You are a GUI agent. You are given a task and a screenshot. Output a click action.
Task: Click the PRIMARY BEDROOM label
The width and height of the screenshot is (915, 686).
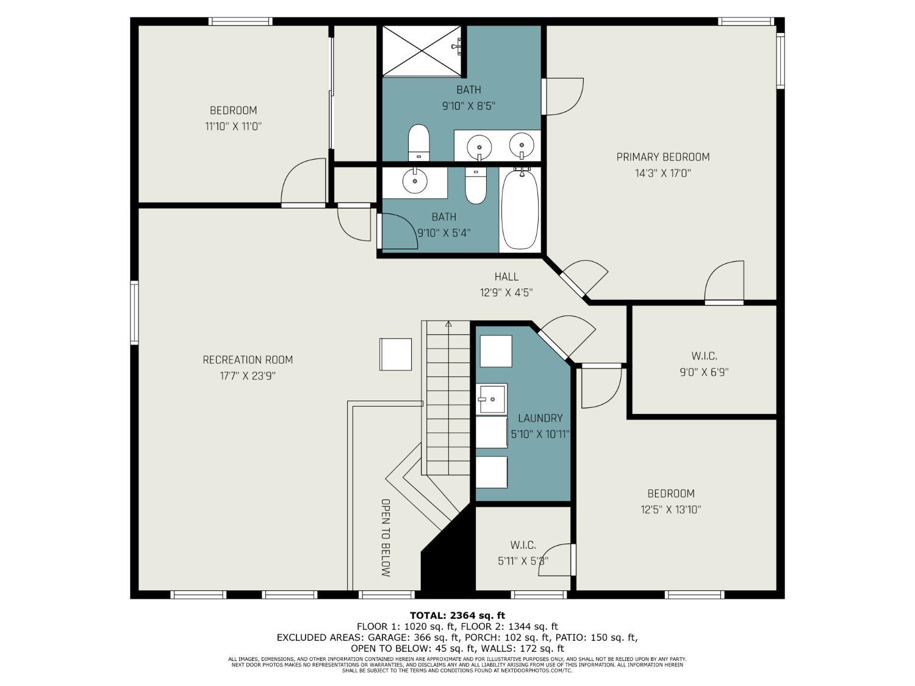click(x=663, y=157)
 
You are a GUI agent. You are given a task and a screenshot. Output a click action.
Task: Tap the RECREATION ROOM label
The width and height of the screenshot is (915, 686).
click(x=248, y=360)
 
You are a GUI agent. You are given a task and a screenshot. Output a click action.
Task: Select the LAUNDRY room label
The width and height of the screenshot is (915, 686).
click(x=540, y=418)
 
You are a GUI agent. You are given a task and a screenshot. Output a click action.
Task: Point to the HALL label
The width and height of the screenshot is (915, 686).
click(x=506, y=277)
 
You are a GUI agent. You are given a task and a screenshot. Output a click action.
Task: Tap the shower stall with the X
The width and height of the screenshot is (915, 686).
click(x=422, y=51)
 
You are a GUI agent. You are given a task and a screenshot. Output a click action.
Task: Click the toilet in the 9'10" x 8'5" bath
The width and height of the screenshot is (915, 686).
click(x=418, y=142)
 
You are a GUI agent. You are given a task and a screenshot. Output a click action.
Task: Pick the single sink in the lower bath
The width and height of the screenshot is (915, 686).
click(x=415, y=181)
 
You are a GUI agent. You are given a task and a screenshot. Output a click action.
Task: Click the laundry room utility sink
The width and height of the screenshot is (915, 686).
click(x=492, y=399)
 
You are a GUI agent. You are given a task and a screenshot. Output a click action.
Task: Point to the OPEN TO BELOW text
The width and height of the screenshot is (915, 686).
click(x=386, y=538)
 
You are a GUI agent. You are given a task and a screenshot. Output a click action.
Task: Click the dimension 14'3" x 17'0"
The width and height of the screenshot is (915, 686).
click(x=663, y=173)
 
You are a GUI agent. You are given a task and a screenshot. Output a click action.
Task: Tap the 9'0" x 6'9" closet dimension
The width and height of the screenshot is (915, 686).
click(x=704, y=372)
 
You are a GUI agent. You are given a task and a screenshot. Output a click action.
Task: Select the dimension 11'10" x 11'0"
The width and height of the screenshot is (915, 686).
click(x=233, y=126)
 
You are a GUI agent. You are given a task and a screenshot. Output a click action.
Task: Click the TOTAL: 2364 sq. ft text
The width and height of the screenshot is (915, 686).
click(x=457, y=615)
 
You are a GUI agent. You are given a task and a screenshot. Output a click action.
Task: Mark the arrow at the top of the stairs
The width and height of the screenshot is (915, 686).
click(x=448, y=323)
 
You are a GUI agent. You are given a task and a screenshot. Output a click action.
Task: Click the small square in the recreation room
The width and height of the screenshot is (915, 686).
click(x=396, y=354)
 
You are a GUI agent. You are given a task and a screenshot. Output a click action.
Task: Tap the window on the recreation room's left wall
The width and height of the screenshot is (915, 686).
click(x=134, y=313)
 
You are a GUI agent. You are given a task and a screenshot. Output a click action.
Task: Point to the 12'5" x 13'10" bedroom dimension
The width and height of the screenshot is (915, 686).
click(x=671, y=509)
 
